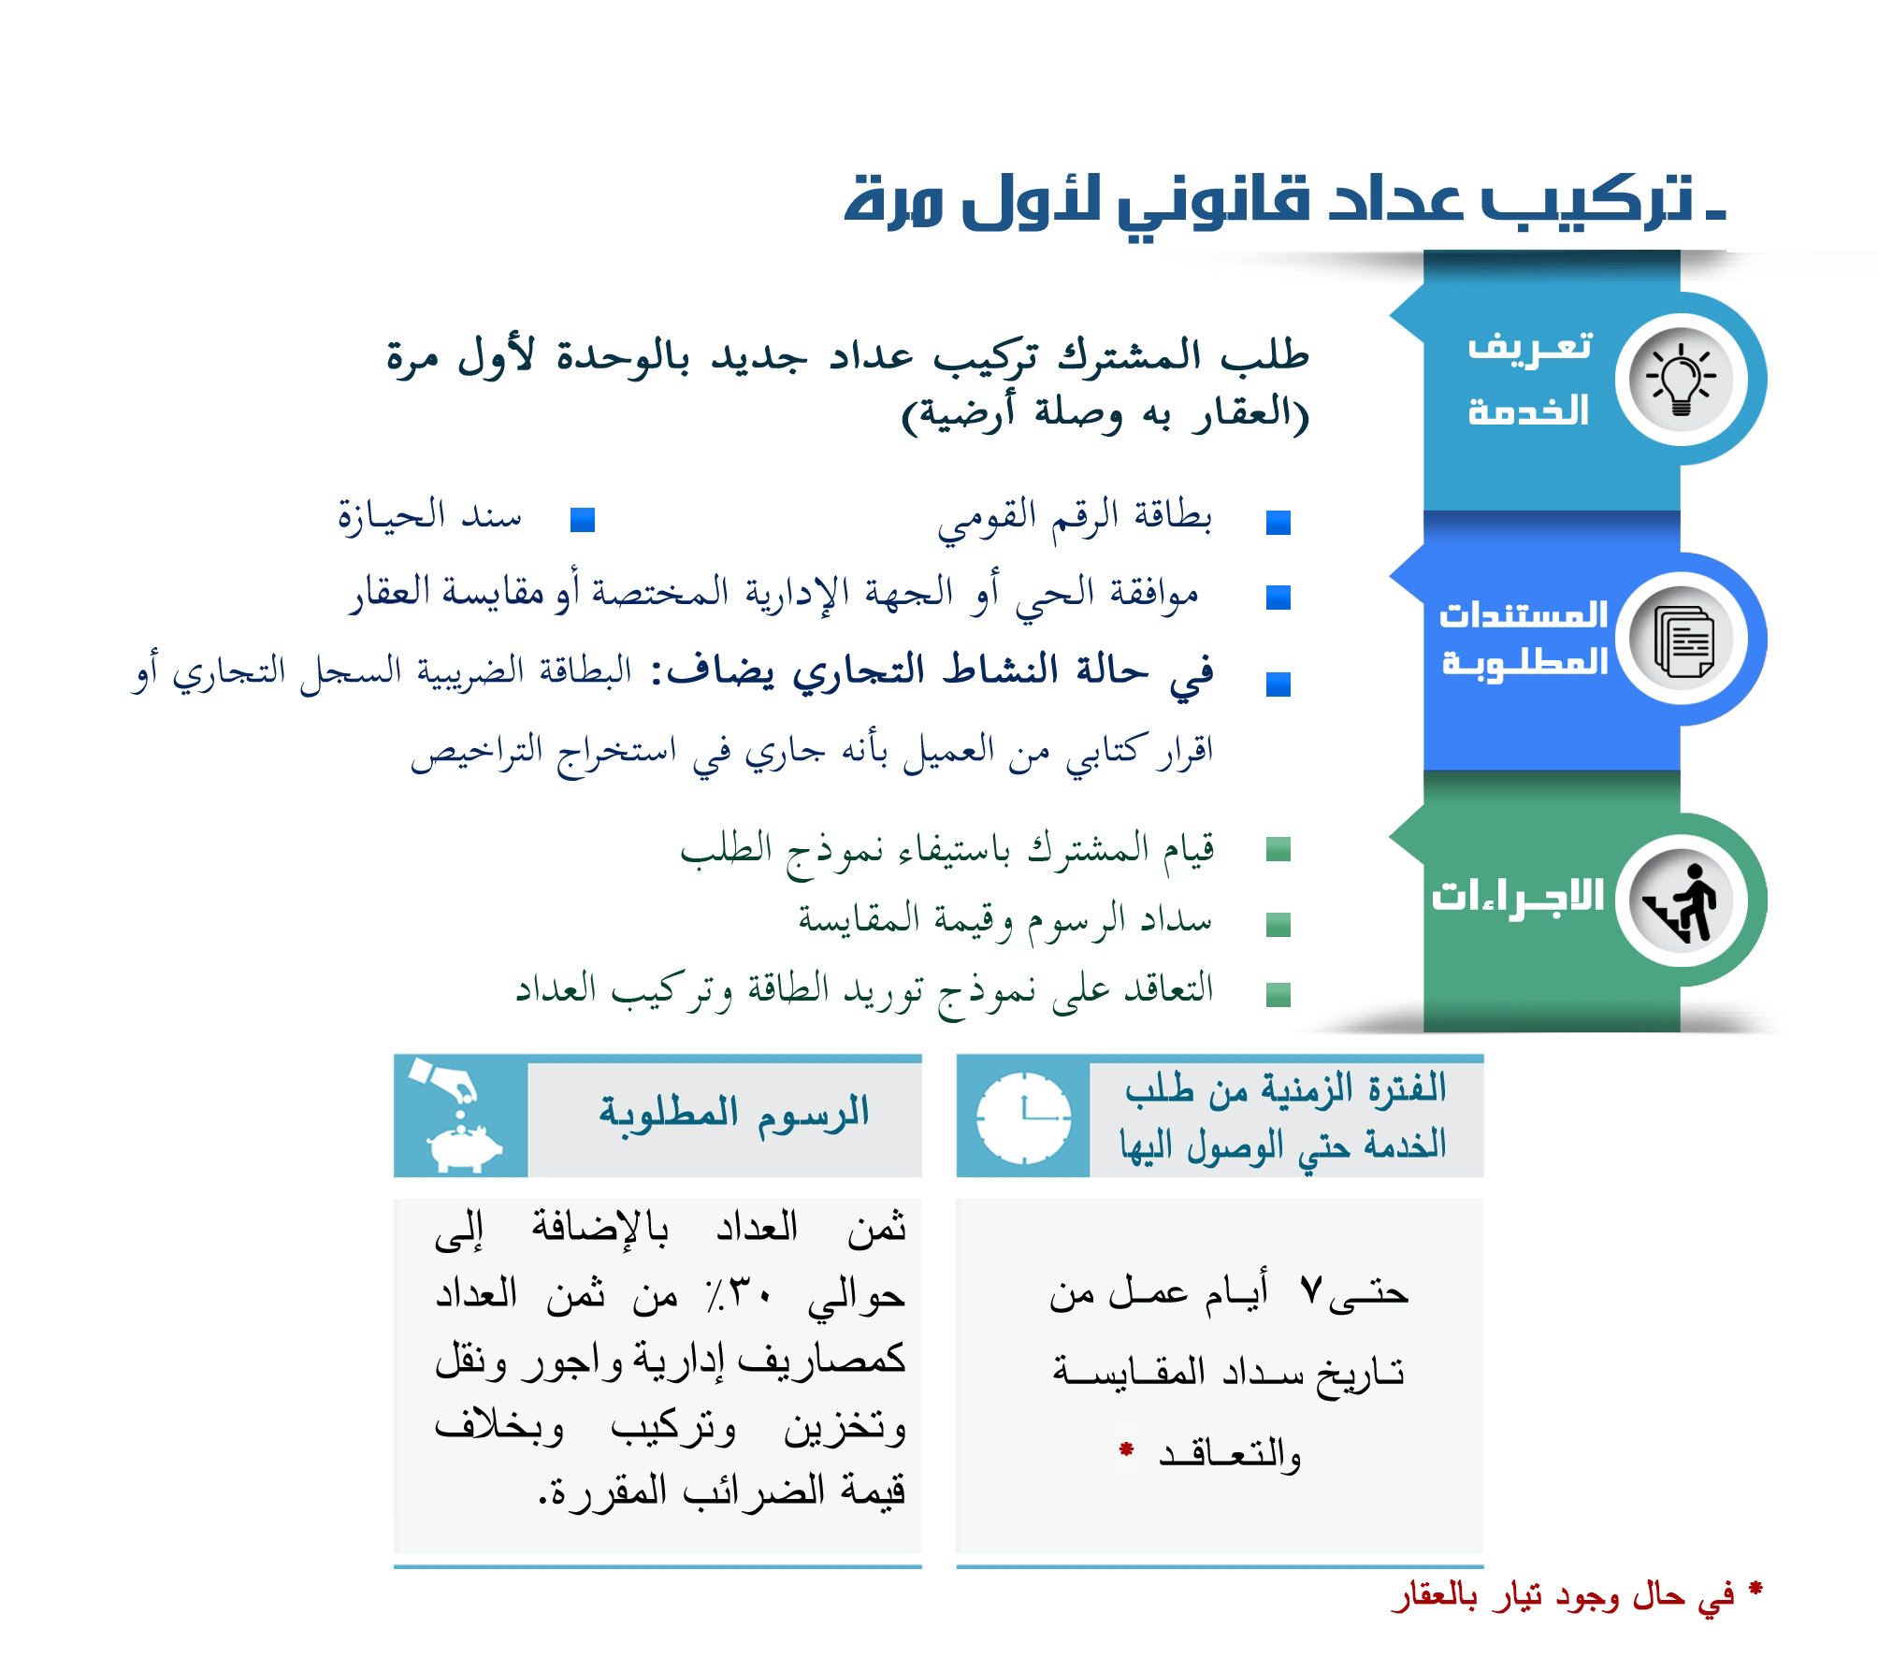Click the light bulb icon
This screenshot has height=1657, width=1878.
coord(1681,380)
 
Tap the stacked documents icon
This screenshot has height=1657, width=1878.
coord(1683,641)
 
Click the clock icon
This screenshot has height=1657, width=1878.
coord(1023,1117)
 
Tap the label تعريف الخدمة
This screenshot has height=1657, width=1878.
coord(1528,379)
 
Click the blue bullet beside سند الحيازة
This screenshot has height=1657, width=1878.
coord(583,519)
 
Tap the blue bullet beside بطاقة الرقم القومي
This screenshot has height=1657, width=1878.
coord(1278,522)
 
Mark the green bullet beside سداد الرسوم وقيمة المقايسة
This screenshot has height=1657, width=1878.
coord(1278,924)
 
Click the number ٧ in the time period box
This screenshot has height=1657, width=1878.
coord(1311,1291)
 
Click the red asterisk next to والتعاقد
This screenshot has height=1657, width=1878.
coord(1127,1450)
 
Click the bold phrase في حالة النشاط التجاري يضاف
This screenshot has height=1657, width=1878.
coord(938,672)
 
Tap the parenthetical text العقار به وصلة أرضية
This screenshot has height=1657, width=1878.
coord(1105,411)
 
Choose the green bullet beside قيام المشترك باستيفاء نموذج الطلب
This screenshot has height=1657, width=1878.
coord(1278,849)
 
